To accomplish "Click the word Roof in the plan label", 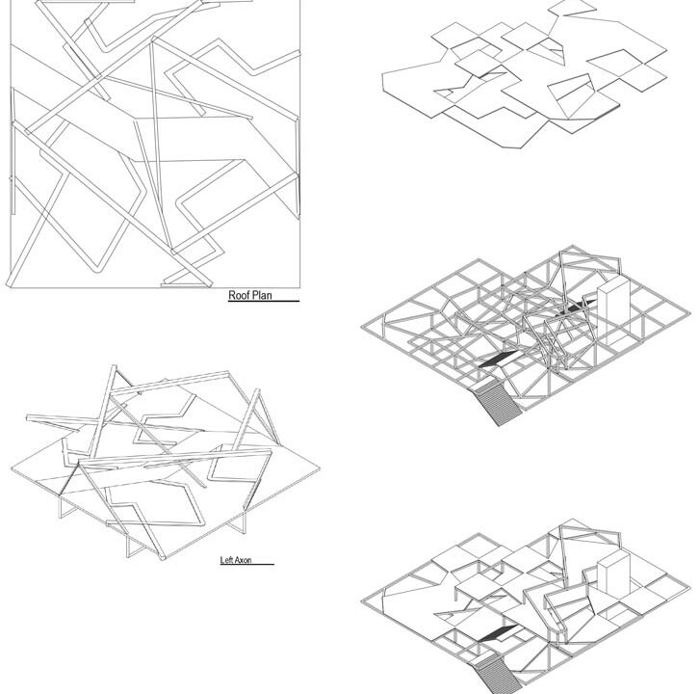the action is click(x=239, y=295).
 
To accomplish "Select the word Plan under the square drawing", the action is click(x=262, y=295).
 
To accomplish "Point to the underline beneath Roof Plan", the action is click(x=264, y=301).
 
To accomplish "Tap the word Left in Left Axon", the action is click(x=227, y=560).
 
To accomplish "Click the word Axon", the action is click(x=243, y=560).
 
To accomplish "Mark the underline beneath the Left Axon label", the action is click(x=247, y=565).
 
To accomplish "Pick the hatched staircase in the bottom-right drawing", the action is click(x=498, y=674).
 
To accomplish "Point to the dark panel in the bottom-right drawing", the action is click(x=498, y=632).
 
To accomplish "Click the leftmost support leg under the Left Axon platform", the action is click(x=60, y=506).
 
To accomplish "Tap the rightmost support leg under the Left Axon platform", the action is click(x=245, y=521).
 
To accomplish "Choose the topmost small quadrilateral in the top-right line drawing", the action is click(x=572, y=8).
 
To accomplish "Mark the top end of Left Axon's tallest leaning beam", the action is click(x=114, y=366).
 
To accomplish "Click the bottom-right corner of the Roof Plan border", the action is click(x=299, y=287).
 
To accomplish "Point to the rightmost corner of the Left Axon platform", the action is click(x=320, y=468).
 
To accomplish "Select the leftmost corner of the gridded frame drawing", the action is click(x=361, y=327).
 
